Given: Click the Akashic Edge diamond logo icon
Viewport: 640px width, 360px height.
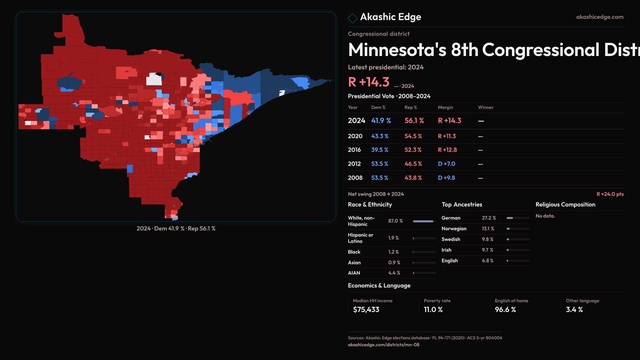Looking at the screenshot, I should click(352, 18).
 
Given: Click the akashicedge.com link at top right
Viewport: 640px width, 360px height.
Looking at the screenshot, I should click(599, 17).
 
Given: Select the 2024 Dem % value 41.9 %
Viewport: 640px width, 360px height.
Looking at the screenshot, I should click(381, 121).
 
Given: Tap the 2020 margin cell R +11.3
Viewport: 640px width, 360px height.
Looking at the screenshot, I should click(447, 136).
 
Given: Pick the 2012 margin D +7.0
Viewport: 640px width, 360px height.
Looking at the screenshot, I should click(446, 164).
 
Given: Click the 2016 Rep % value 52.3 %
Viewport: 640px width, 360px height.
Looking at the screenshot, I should click(413, 150).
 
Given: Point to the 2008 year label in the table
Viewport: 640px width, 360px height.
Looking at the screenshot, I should click(355, 178).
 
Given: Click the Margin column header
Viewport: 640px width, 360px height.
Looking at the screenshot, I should click(445, 107).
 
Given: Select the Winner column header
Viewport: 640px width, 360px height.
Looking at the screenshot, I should click(485, 107).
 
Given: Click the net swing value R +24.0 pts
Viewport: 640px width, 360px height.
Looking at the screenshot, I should click(610, 194).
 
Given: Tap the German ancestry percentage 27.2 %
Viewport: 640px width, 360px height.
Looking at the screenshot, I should click(489, 218).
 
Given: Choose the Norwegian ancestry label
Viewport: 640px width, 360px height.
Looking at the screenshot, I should click(454, 229).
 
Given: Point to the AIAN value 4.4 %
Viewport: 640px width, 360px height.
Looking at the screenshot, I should click(394, 273).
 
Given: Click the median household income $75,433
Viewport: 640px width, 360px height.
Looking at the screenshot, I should click(366, 310).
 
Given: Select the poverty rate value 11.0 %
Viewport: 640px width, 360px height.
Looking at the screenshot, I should click(433, 310).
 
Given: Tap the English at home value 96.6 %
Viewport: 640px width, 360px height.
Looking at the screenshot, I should click(505, 310).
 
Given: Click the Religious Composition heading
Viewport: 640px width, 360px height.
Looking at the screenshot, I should click(565, 205).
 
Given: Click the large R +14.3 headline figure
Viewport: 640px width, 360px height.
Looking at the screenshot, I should click(369, 82).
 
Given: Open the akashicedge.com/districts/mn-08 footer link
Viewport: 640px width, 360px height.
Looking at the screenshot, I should click(383, 345).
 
